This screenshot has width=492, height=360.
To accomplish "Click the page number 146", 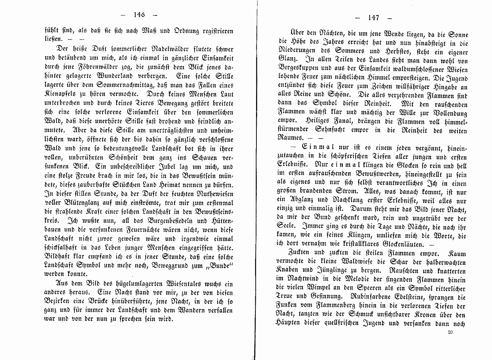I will (x=138, y=15).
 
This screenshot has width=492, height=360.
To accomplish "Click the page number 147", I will (x=373, y=18).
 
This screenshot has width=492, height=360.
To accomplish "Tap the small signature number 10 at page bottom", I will (x=450, y=332).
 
